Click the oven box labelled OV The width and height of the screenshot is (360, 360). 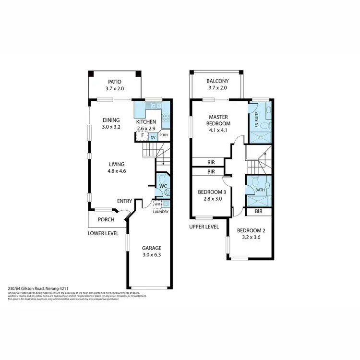(153, 137)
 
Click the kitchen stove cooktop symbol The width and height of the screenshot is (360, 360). (166, 117)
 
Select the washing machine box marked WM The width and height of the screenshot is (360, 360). (157, 204)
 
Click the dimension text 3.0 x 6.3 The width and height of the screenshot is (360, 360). (151, 255)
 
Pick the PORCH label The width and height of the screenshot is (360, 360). (106, 220)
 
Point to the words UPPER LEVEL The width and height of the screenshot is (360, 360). (204, 227)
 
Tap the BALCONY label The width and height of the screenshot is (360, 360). (217, 81)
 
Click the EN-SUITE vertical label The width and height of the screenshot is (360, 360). (257, 119)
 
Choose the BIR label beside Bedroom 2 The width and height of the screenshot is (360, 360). (258, 211)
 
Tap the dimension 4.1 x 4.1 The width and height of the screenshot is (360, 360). (219, 130)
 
